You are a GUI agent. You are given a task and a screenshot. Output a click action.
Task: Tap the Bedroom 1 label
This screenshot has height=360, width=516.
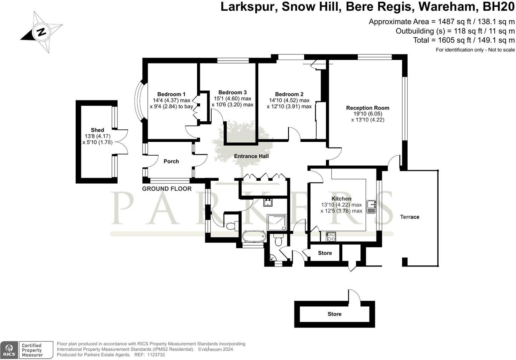(x=171, y=94)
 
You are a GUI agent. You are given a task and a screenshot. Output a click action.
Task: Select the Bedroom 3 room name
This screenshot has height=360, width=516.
(x=233, y=92)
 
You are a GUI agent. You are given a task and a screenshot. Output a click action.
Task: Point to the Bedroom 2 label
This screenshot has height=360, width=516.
(x=289, y=94)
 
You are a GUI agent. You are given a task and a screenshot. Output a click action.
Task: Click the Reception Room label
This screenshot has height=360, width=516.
(x=367, y=108)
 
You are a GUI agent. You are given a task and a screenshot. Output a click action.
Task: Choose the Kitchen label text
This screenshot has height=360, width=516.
(x=341, y=199)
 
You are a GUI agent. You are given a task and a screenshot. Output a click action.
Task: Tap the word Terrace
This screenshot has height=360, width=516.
(x=410, y=217)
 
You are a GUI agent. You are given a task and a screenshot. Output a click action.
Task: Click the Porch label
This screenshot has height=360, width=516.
(x=171, y=161)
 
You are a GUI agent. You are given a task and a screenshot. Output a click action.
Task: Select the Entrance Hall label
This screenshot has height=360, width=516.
(x=251, y=156)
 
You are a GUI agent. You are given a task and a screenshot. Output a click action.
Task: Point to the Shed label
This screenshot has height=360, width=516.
(x=97, y=130)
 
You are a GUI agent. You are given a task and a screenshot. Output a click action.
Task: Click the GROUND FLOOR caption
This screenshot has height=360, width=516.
(x=167, y=189)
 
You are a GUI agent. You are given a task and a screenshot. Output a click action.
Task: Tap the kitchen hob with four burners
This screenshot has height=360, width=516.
(x=331, y=237)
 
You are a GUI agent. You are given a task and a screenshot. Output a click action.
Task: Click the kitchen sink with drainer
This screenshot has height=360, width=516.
(x=371, y=207)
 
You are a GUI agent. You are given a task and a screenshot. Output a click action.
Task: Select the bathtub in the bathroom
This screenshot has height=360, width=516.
(x=254, y=236)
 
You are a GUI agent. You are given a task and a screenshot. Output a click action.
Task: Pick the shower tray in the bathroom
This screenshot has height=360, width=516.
(x=277, y=223)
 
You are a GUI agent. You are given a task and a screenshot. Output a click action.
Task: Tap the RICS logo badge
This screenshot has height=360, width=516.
(x=9, y=350)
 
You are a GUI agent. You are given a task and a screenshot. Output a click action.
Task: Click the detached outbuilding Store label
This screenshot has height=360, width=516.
(x=334, y=314)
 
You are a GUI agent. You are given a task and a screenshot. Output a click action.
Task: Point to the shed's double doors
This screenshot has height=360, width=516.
(x=122, y=142)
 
